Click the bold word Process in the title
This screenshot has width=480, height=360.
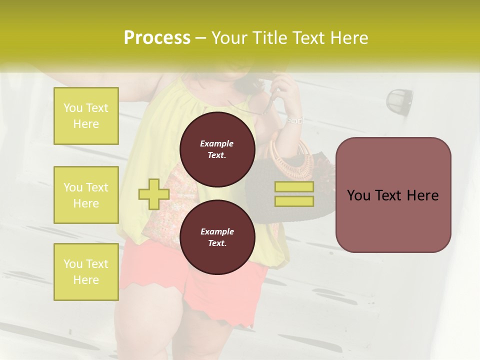click(157, 38)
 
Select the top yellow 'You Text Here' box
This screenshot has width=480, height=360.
click(86, 116)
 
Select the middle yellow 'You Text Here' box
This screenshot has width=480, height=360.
click(86, 195)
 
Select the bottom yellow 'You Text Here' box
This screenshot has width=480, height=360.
click(86, 272)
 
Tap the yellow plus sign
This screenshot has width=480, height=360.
click(153, 194)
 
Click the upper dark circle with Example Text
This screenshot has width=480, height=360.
click(217, 149)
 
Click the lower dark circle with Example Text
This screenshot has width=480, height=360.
click(217, 237)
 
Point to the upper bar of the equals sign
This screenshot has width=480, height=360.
click(294, 187)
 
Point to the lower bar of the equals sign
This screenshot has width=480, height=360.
click(294, 201)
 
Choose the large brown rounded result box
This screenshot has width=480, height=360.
click(393, 195)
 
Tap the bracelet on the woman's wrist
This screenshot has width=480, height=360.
click(294, 120)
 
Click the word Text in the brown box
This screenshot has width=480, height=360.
click(392, 195)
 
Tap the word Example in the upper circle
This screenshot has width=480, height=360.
click(217, 143)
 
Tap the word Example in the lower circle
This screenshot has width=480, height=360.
click(217, 231)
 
